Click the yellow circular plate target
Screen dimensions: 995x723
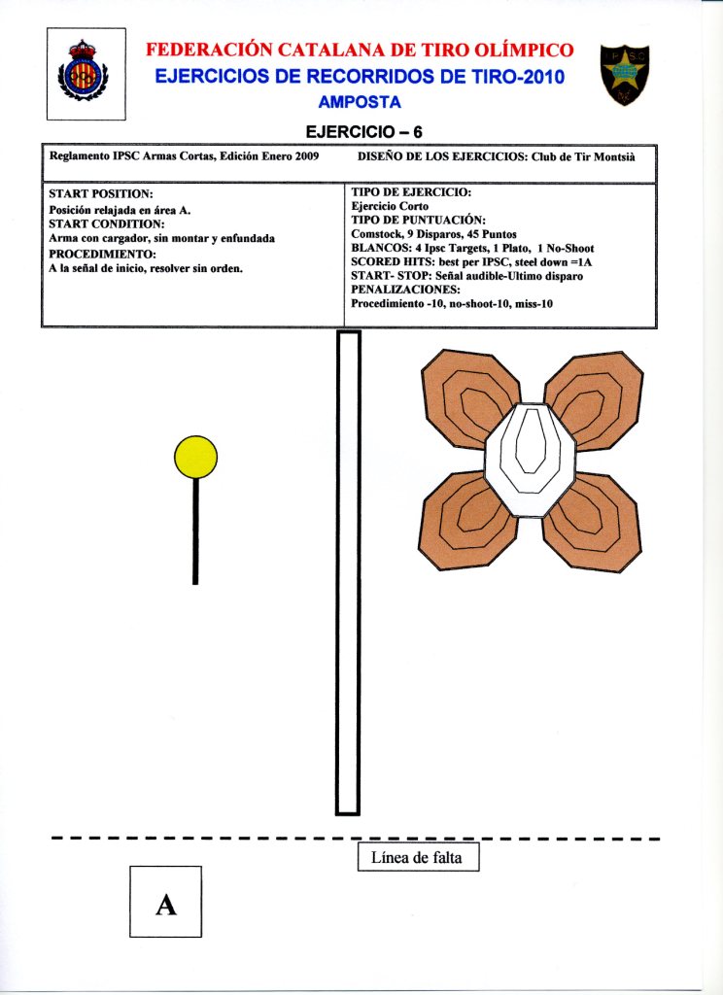195,457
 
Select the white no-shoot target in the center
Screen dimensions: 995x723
531,459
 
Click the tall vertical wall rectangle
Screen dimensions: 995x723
348,572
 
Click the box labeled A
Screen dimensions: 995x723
165,902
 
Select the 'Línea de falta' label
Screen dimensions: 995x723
418,858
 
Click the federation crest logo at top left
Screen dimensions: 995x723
86,74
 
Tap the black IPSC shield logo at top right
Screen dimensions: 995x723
623,74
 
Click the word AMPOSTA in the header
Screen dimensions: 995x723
360,102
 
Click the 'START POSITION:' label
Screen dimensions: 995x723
101,194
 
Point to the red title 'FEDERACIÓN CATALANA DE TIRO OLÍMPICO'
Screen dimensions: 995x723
360,50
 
